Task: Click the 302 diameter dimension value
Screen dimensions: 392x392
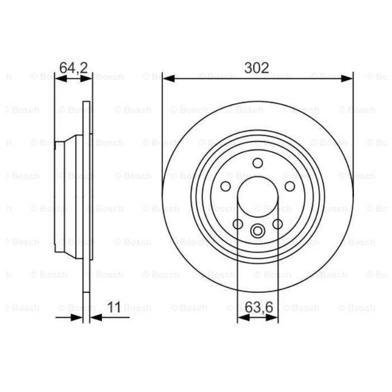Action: click(x=256, y=68)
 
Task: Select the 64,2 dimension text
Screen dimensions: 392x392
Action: click(x=73, y=68)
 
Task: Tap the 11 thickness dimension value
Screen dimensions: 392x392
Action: click(x=114, y=307)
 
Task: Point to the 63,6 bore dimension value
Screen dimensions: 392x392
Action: click(x=259, y=307)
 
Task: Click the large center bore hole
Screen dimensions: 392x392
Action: click(x=258, y=197)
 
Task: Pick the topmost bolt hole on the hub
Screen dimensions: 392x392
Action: click(x=258, y=163)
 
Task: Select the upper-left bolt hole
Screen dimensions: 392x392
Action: click(x=226, y=186)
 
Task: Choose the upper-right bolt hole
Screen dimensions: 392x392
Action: click(x=290, y=186)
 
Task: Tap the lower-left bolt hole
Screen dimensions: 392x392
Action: click(x=238, y=224)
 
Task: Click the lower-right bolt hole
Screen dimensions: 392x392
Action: click(x=278, y=224)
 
